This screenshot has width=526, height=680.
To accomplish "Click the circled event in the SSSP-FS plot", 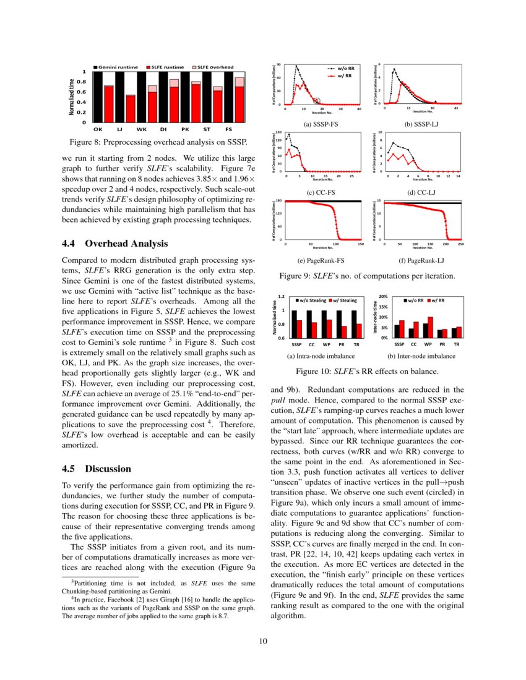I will (x=317, y=101).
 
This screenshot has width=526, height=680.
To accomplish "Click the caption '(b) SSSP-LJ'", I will (x=421, y=124).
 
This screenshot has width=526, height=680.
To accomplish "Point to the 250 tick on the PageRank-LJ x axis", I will (x=461, y=244).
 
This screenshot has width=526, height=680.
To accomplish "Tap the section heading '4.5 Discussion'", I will (x=97, y=469).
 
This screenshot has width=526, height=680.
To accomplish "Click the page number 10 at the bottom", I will (x=263, y=640).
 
